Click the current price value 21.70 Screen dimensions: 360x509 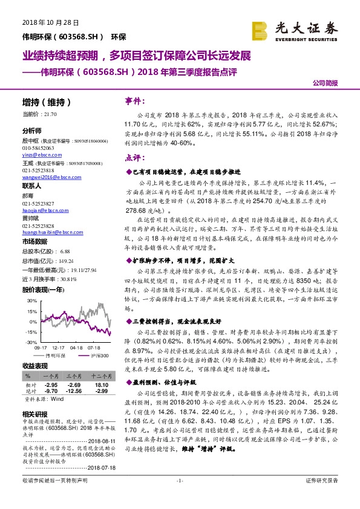coord(50,114)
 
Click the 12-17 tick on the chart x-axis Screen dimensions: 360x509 coord(59,348)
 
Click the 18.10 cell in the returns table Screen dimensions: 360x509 coord(101,384)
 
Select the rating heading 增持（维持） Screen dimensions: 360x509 coord(47,102)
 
